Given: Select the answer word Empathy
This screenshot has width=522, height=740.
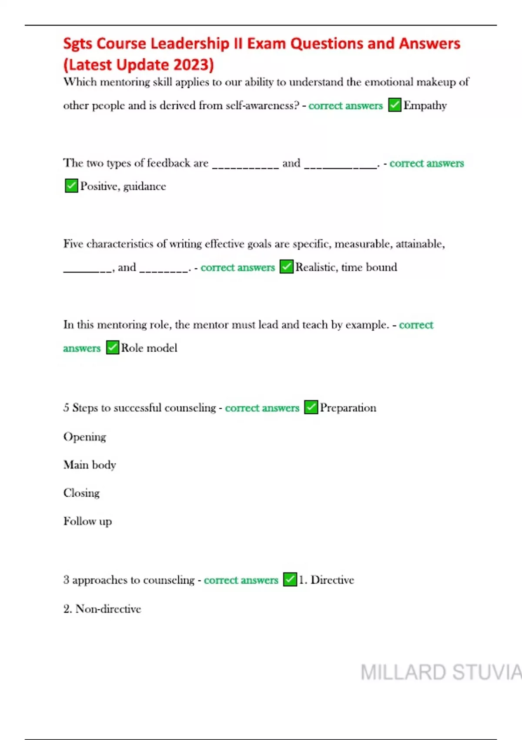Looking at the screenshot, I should pyautogui.click(x=425, y=105).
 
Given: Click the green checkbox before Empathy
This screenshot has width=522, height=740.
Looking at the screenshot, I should pyautogui.click(x=395, y=105).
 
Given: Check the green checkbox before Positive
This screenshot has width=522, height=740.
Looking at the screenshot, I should pyautogui.click(x=71, y=186).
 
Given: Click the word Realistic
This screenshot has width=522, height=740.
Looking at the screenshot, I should pyautogui.click(x=315, y=267).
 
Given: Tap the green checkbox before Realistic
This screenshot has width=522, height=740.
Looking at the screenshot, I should pyautogui.click(x=286, y=266).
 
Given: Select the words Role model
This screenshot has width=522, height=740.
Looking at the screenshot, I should pyautogui.click(x=149, y=348).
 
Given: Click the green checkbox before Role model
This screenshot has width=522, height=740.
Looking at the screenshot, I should pyautogui.click(x=112, y=347).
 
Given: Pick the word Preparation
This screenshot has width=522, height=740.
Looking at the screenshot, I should pyautogui.click(x=348, y=407).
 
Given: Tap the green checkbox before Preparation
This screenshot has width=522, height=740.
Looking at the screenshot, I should pyautogui.click(x=311, y=407).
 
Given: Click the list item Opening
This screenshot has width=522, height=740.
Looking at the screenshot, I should pyautogui.click(x=85, y=437).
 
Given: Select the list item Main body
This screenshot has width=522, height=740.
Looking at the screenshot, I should pyautogui.click(x=90, y=465).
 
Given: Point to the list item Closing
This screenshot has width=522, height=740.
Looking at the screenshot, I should pyautogui.click(x=81, y=493).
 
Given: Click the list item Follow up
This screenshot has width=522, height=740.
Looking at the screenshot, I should pyautogui.click(x=87, y=521).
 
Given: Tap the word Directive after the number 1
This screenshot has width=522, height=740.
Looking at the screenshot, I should pyautogui.click(x=332, y=580).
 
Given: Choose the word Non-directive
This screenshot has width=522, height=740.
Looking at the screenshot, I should pyautogui.click(x=108, y=609).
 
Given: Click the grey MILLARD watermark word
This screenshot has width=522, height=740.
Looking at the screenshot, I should pyautogui.click(x=403, y=672).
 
